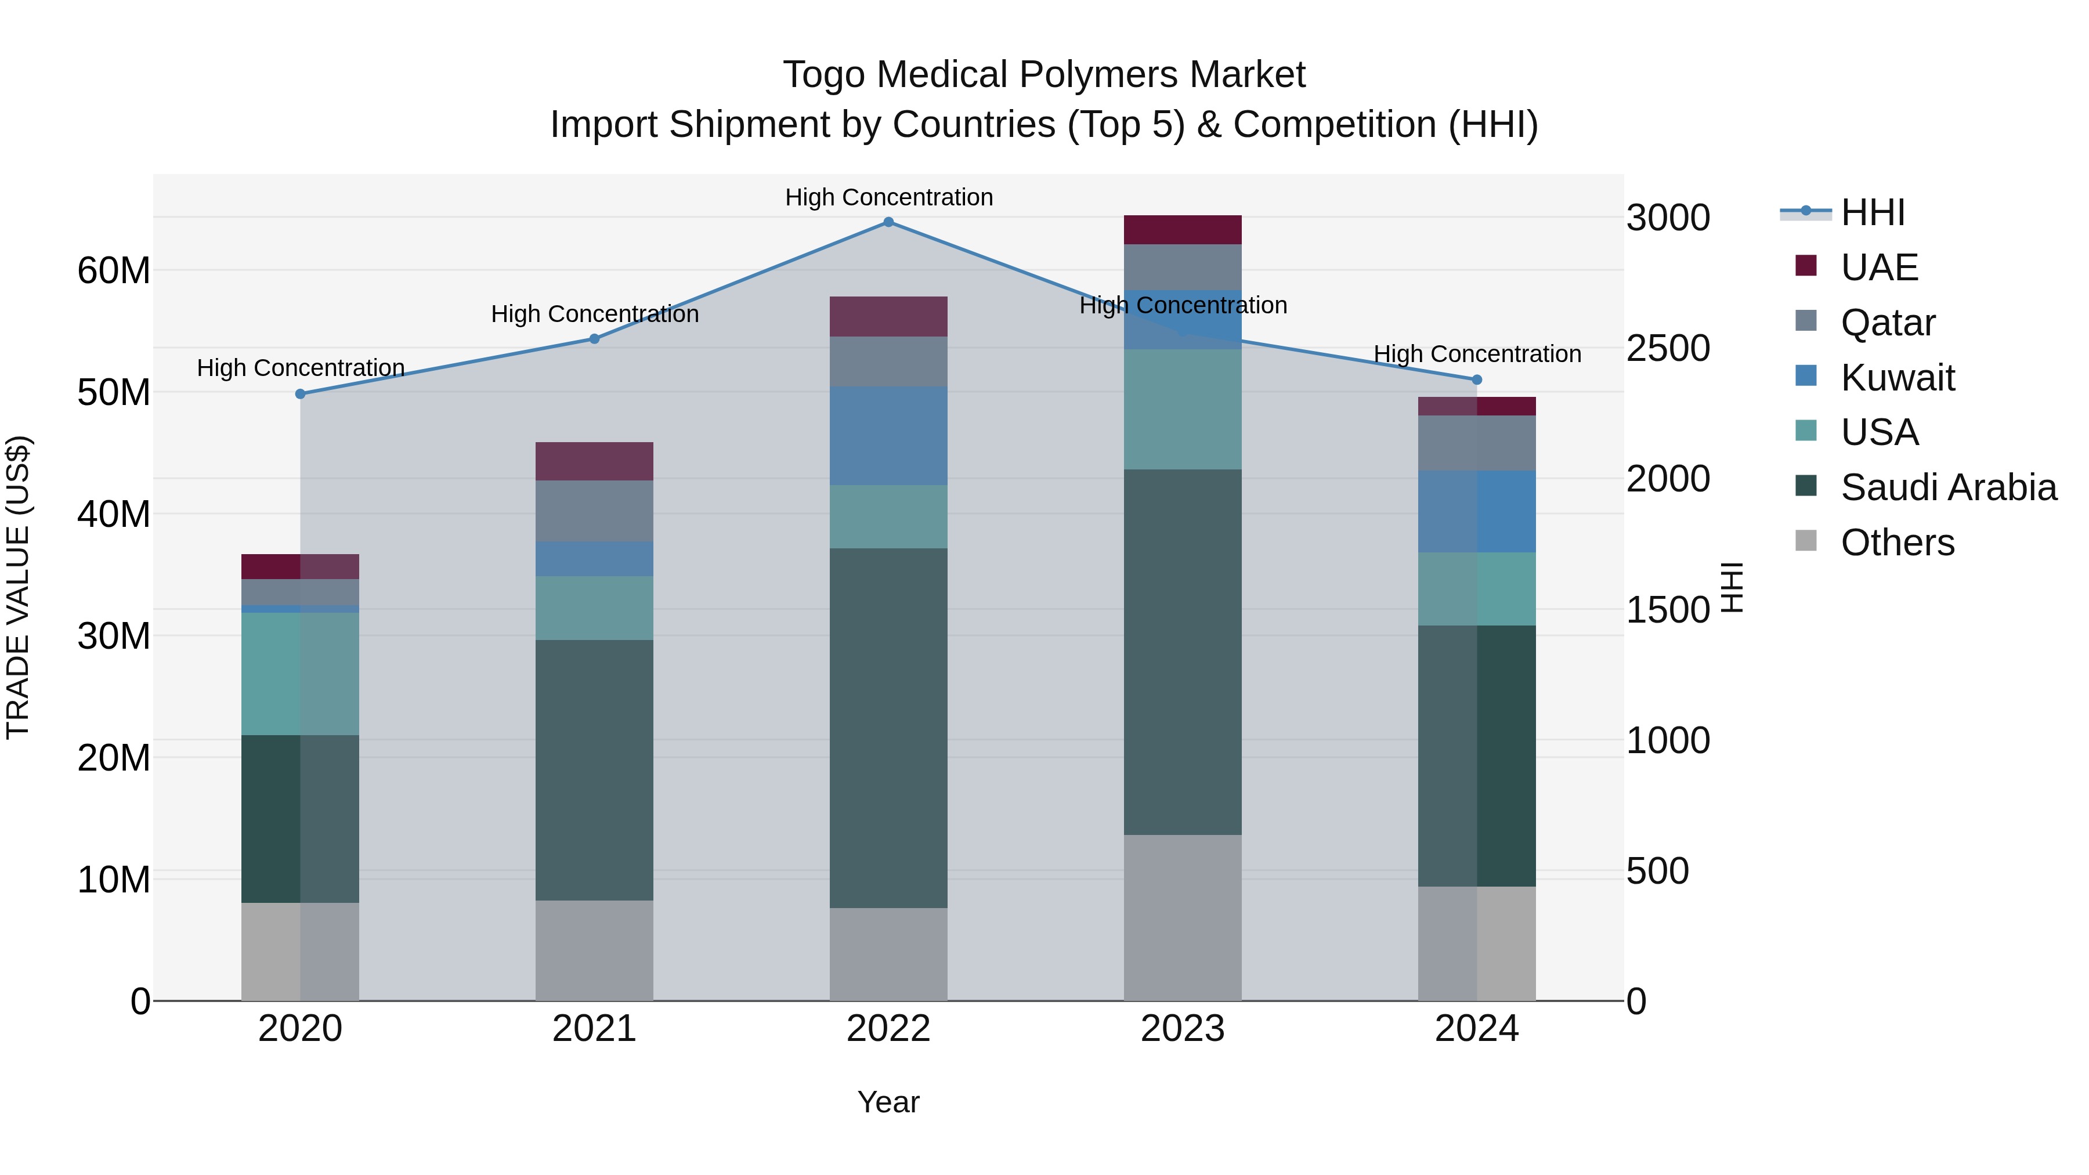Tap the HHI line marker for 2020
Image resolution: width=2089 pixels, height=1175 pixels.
tap(300, 394)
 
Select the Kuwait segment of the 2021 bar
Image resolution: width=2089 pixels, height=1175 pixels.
tap(594, 559)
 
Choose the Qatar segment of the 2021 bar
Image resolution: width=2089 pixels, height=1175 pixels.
tap(594, 511)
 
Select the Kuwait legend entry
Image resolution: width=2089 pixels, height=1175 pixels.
tap(1897, 378)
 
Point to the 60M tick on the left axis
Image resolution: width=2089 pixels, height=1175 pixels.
tap(114, 271)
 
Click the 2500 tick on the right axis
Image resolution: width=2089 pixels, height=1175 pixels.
tap(1668, 348)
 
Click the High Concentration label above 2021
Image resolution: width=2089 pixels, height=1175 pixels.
tap(594, 314)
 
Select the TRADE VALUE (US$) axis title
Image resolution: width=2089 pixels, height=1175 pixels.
tap(18, 587)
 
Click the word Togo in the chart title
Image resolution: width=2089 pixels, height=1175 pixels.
tap(824, 75)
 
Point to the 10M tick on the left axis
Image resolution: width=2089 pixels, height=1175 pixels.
tap(114, 880)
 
